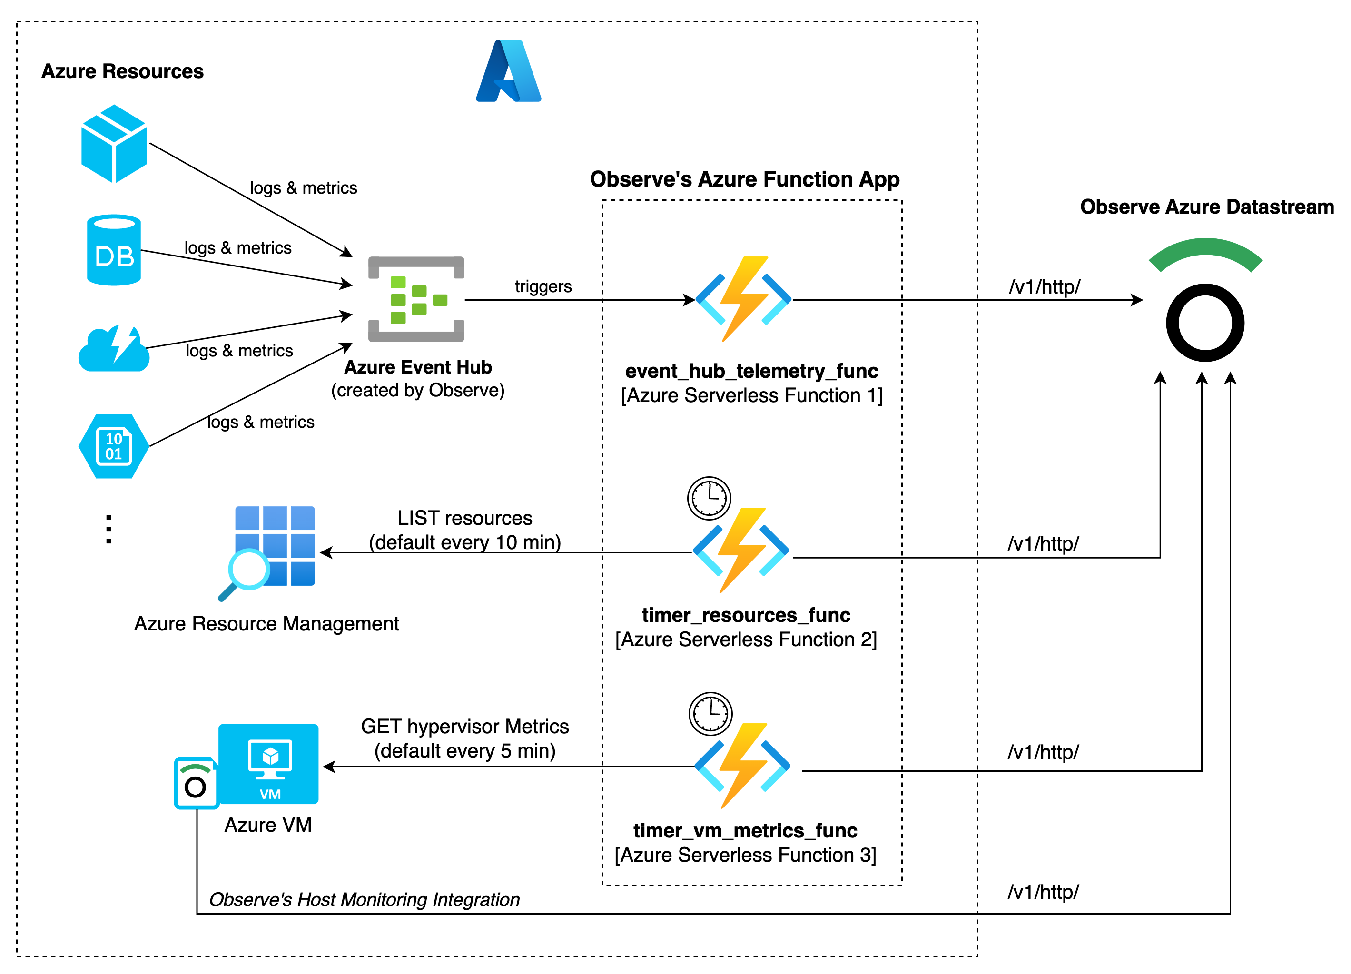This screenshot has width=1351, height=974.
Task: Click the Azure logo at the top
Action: click(508, 71)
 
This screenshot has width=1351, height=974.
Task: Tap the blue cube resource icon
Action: click(114, 144)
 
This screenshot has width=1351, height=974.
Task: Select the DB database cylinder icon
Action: click(114, 250)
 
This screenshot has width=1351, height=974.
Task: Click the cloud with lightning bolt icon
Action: click(114, 349)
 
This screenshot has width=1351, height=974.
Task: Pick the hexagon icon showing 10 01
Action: click(114, 446)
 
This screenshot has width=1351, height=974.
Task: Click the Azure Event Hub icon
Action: click(416, 299)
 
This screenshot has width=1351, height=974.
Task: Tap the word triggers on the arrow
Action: click(542, 286)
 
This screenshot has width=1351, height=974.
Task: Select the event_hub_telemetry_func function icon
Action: click(743, 299)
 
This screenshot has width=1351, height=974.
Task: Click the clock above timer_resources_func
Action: click(709, 497)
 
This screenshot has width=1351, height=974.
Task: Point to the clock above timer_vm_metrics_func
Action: click(710, 714)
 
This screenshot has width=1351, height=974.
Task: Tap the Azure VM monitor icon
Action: click(269, 764)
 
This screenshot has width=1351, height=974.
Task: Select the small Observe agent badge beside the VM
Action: click(196, 783)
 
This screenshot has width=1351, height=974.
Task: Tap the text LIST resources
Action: click(464, 518)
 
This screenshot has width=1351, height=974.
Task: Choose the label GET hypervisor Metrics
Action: click(464, 727)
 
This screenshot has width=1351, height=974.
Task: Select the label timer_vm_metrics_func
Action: click(745, 830)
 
